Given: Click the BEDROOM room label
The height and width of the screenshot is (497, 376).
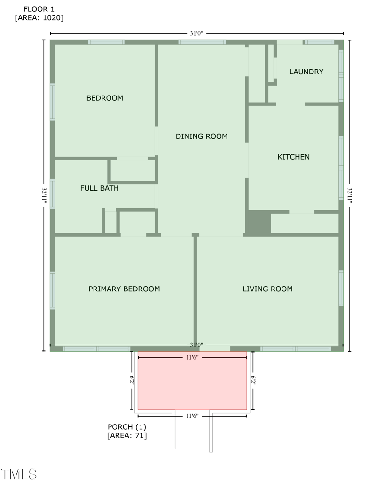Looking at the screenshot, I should [104, 98].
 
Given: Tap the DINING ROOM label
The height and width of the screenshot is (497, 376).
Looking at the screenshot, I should [202, 136].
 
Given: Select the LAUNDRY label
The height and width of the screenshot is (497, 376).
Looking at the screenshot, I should [306, 72].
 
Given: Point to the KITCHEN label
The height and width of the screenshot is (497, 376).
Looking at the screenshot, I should [293, 157].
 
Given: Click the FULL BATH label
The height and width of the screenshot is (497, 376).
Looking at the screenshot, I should [99, 188].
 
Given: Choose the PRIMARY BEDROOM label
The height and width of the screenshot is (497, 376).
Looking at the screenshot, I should [124, 289].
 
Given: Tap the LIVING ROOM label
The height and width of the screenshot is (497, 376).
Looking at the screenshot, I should [267, 289].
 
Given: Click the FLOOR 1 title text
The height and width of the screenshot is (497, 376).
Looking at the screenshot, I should [39, 9].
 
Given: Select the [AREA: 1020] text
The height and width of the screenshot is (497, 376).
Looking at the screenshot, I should [39, 18].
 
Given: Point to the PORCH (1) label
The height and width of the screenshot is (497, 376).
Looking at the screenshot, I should [127, 427].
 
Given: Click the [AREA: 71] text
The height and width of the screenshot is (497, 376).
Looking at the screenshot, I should [127, 436].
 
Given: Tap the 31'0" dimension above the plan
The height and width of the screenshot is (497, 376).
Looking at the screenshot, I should [196, 33].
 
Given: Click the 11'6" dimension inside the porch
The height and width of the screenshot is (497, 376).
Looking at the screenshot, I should [192, 358].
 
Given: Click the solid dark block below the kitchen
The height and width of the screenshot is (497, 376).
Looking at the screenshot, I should [258, 223].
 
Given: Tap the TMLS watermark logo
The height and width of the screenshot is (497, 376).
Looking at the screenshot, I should [19, 474].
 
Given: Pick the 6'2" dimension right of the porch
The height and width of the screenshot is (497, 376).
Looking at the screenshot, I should [253, 380].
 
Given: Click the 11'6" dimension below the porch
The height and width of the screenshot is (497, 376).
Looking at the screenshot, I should [192, 416].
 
